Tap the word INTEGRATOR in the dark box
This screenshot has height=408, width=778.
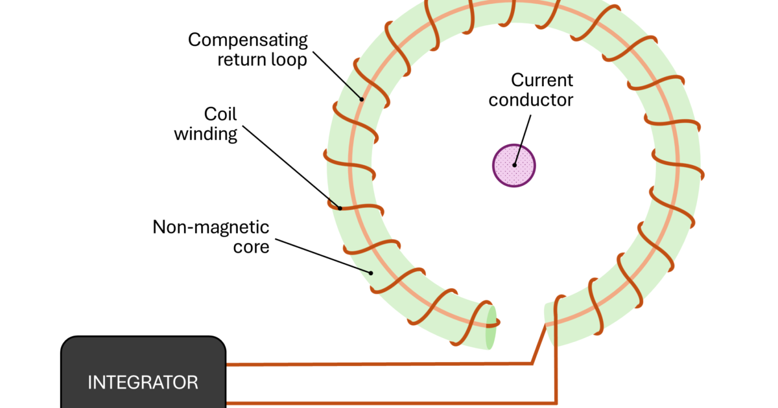coord(143,382)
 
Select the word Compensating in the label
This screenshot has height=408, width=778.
coord(248,40)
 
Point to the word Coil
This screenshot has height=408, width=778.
coord(220,114)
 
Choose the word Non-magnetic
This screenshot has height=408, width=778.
coord(211,227)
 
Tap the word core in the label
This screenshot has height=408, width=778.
coord(252,247)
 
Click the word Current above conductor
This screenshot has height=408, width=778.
coord(542,80)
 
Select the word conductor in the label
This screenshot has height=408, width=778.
coord(531,100)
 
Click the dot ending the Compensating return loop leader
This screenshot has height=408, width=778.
coord(361,99)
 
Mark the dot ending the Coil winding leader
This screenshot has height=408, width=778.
coord(339,208)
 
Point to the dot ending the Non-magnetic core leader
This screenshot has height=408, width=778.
coord(371,273)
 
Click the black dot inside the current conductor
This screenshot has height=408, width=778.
coord(514,164)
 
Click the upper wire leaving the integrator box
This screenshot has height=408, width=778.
coord(376,365)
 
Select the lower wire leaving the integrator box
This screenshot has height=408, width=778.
coord(389,403)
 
